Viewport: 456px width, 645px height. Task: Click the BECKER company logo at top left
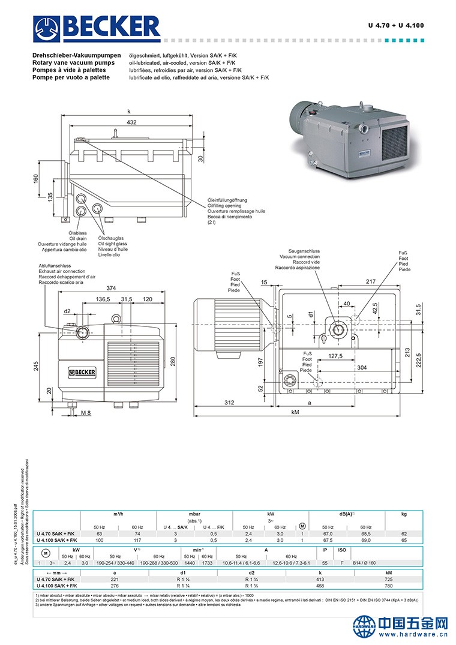pyautogui.click(x=97, y=27)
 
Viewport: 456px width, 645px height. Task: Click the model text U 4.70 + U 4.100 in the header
pyautogui.click(x=395, y=25)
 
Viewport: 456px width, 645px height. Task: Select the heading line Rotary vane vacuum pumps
pyautogui.click(x=73, y=62)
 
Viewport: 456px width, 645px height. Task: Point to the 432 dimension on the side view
pyautogui.click(x=131, y=122)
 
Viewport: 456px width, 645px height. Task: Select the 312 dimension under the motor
pyautogui.click(x=229, y=403)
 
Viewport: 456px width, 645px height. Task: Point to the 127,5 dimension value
pyautogui.click(x=335, y=356)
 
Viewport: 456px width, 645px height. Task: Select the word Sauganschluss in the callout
pyautogui.click(x=304, y=251)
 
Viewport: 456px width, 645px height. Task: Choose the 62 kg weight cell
pyautogui.click(x=404, y=533)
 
